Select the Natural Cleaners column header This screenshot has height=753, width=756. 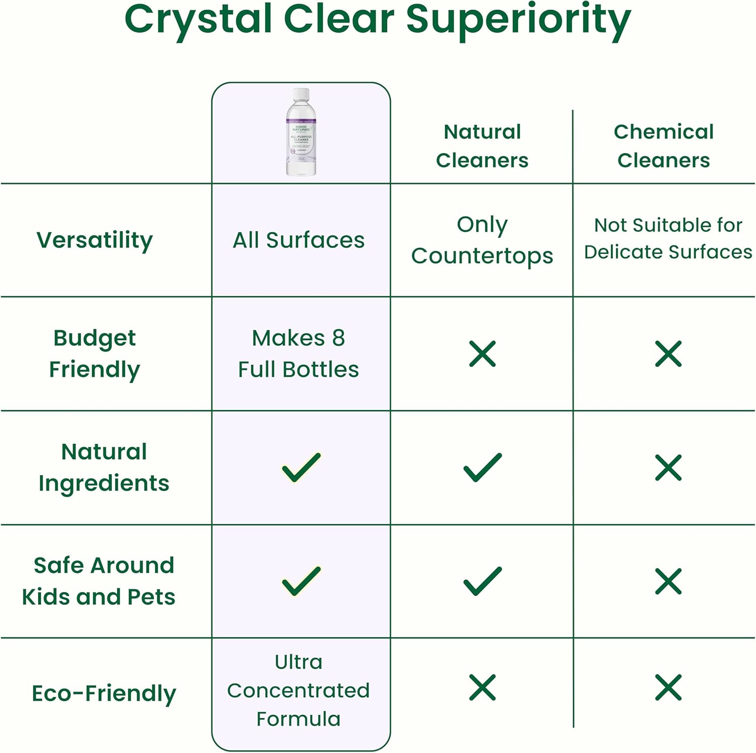(x=482, y=146)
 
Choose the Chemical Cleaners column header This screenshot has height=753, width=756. (x=664, y=146)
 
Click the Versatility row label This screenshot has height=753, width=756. (x=95, y=240)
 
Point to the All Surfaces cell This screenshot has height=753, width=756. (x=298, y=240)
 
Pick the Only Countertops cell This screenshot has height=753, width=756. (x=482, y=240)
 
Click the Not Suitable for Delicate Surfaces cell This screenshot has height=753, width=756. (x=668, y=238)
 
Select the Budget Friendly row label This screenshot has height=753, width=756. (x=95, y=353)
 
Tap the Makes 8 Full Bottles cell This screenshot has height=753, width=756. (x=298, y=353)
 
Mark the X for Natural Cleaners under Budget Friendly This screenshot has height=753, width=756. (x=482, y=353)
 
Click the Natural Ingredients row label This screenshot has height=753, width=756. (x=104, y=467)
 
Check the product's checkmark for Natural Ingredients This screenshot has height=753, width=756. (x=301, y=467)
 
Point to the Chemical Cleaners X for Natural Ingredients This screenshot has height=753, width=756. (x=668, y=467)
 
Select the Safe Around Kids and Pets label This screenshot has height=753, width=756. (x=99, y=581)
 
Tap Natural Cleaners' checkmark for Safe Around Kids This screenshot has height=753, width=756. (x=482, y=581)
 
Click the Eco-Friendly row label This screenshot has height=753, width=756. (x=104, y=693)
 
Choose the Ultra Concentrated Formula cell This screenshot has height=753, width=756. (x=298, y=690)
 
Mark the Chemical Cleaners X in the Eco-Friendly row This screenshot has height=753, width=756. (x=668, y=687)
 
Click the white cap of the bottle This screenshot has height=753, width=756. (x=301, y=94)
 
